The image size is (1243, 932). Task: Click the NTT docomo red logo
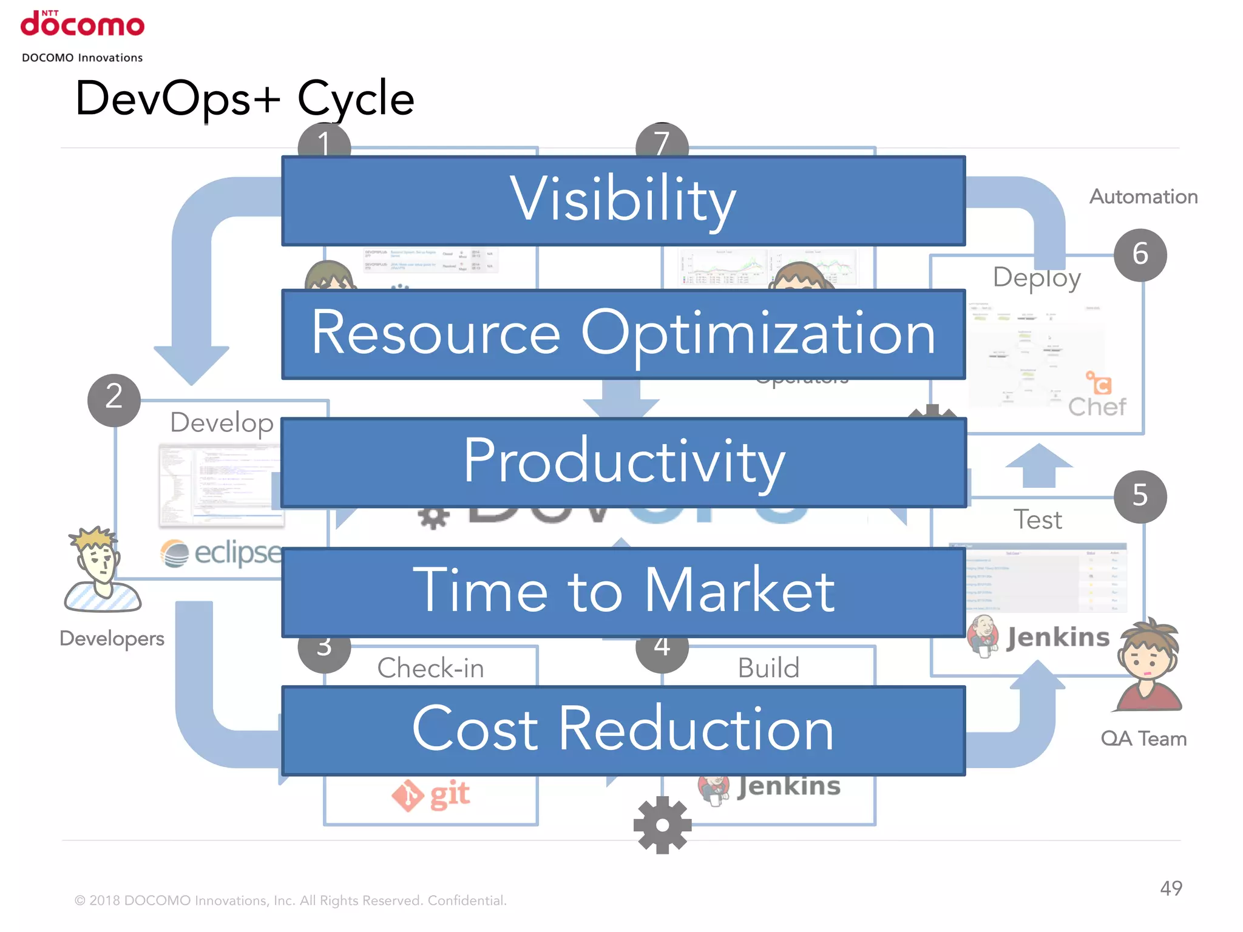pos(83,24)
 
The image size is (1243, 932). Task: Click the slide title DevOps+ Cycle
pos(244,98)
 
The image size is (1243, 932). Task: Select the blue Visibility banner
pos(623,201)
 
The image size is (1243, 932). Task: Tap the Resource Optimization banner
pos(623,334)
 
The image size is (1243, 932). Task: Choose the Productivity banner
pos(623,462)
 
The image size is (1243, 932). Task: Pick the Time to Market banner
pos(623,592)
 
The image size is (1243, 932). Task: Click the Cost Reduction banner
pos(623,731)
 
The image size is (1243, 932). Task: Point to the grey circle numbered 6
pos(1140,254)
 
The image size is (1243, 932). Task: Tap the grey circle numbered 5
pos(1140,496)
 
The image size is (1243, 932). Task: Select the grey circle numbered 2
pos(114,400)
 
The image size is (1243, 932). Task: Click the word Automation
pos(1143,197)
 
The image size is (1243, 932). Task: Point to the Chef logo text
pos(1097,407)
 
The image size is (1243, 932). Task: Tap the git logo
pos(431,795)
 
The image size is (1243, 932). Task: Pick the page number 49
pos(1171,888)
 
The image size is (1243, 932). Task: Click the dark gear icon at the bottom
pos(662,825)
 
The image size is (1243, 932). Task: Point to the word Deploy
pos(1037,278)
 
